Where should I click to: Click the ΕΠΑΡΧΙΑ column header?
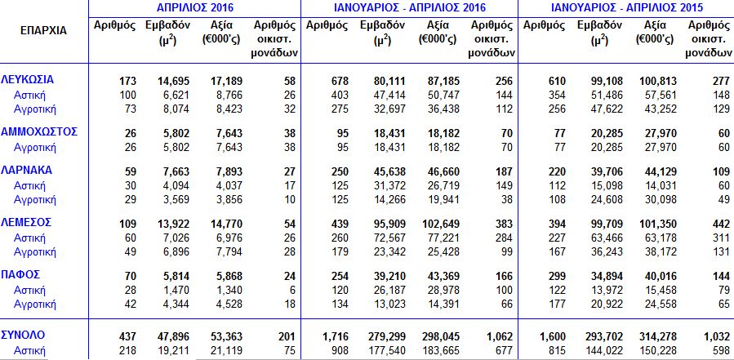[x=43, y=31]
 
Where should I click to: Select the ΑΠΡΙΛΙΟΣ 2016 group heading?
[x=195, y=7]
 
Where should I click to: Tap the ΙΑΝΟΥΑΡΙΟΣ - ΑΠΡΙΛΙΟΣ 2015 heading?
[x=627, y=7]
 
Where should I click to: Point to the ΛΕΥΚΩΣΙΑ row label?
[x=28, y=79]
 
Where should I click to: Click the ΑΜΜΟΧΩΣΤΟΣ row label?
[x=39, y=132]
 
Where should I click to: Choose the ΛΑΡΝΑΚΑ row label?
[x=27, y=170]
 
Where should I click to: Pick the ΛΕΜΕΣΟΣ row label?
[x=26, y=222]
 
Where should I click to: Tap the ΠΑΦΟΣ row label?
[x=20, y=273]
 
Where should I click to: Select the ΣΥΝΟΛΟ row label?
[x=24, y=336]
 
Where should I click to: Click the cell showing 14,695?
[x=174, y=82]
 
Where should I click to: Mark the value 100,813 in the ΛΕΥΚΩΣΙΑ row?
[x=658, y=82]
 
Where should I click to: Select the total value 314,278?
[x=658, y=337]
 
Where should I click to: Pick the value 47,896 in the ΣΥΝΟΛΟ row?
[x=174, y=337]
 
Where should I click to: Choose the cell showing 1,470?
[x=176, y=291]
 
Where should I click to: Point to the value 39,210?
[x=389, y=276]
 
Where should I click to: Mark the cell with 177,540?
[x=387, y=351]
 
